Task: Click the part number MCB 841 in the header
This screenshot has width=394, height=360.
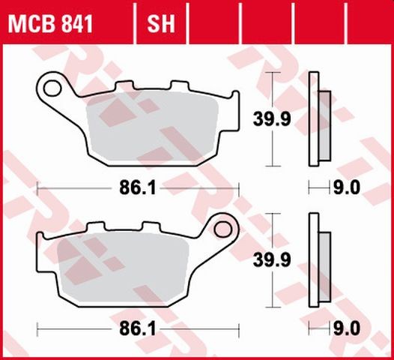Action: click(x=50, y=25)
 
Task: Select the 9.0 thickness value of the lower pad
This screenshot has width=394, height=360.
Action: click(x=351, y=328)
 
